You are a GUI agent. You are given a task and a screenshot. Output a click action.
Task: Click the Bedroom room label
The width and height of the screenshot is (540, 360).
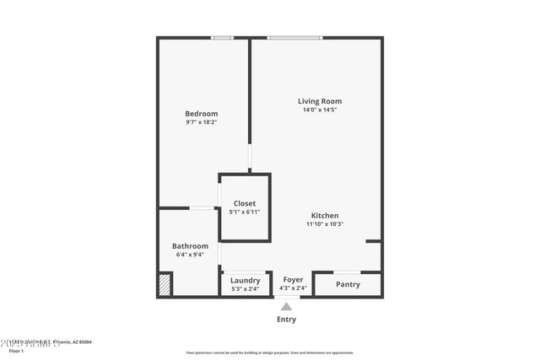pyautogui.click(x=202, y=114)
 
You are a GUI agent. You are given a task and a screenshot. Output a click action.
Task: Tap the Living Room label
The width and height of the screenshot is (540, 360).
pyautogui.click(x=320, y=101)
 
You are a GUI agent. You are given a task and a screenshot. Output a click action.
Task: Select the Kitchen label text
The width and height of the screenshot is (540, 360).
pyautogui.click(x=325, y=215)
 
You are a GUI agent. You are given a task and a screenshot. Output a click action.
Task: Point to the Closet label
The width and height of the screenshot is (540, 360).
pyautogui.click(x=245, y=203)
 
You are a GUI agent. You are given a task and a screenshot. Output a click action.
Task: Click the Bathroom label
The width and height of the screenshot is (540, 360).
pyautogui.click(x=190, y=246)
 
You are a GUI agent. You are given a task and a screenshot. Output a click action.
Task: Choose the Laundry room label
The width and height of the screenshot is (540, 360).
pyautogui.click(x=245, y=281)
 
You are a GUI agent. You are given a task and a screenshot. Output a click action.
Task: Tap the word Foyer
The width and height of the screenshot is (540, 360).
pyautogui.click(x=293, y=279)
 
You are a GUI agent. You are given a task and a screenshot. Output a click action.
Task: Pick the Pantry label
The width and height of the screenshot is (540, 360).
pyautogui.click(x=348, y=284)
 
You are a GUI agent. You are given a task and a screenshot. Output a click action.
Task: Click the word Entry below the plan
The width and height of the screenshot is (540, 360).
pyautogui.click(x=286, y=320)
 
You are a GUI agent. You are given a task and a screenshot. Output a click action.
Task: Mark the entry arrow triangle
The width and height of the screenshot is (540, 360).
pyautogui.click(x=286, y=306)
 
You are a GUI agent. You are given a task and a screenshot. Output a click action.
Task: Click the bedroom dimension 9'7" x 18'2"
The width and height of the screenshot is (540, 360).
pyautogui.click(x=202, y=122)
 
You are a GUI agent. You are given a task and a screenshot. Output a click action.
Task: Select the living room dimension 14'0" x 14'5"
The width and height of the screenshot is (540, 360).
pyautogui.click(x=320, y=110)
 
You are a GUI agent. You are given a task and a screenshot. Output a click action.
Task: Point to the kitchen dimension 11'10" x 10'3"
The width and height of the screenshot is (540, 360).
pyautogui.click(x=325, y=224)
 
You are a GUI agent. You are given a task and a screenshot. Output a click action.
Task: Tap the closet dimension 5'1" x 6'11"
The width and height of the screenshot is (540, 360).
pyautogui.click(x=245, y=212)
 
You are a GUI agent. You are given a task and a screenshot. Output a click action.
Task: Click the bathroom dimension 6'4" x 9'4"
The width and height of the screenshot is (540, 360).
pyautogui.click(x=190, y=255)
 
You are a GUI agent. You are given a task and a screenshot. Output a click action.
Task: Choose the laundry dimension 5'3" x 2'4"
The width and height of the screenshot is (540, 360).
pyautogui.click(x=245, y=289)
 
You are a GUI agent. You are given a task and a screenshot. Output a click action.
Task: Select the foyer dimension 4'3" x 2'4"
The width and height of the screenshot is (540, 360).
pyautogui.click(x=293, y=288)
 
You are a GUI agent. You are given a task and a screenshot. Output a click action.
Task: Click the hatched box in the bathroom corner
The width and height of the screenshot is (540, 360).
pyautogui.click(x=165, y=284)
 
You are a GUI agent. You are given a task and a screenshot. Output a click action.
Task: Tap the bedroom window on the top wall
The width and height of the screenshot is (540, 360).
pyautogui.click(x=222, y=37)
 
